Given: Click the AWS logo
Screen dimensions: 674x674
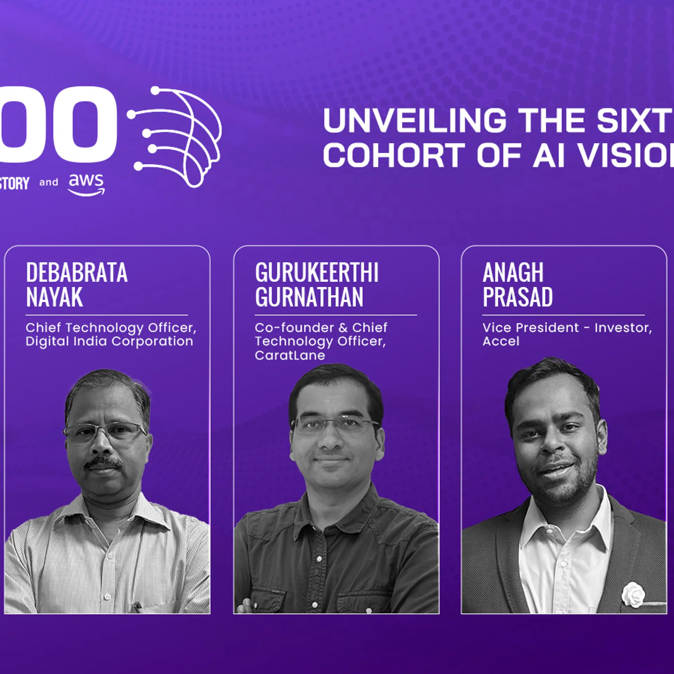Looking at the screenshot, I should [x=86, y=184].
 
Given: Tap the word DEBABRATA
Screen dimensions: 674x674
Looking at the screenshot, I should [x=77, y=273].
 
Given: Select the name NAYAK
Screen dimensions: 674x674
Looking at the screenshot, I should [x=54, y=297].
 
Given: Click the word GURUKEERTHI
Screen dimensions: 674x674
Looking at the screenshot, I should [x=317, y=273].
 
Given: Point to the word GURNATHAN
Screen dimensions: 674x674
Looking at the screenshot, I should [x=309, y=297].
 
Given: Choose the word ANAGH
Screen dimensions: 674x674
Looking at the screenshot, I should [x=513, y=273].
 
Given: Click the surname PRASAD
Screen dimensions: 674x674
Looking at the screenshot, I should [x=517, y=297].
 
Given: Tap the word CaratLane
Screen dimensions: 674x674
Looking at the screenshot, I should [x=290, y=355].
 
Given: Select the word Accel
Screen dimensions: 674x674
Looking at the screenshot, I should [x=501, y=341].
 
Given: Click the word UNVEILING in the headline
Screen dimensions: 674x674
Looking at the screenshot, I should [x=414, y=120].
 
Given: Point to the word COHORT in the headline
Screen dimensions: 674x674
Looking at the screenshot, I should [x=394, y=155].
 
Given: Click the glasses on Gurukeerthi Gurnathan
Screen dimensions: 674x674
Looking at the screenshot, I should [x=335, y=425].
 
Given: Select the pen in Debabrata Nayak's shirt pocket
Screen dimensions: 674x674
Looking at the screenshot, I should [x=137, y=605].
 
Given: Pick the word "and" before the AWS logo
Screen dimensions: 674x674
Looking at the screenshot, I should [x=48, y=183].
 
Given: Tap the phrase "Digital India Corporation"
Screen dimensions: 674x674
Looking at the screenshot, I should [x=109, y=341].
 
